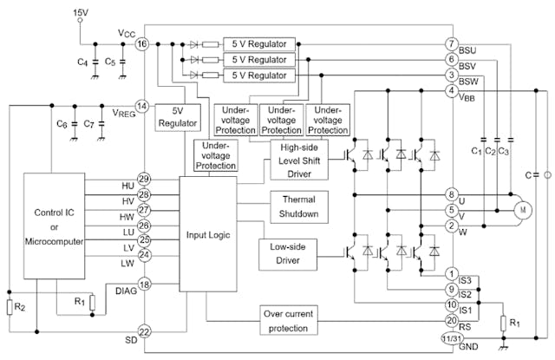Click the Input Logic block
point(207,235)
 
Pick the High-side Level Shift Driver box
point(299,160)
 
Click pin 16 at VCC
point(143,43)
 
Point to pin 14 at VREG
point(143,106)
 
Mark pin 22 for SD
point(143,331)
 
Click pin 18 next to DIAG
point(143,284)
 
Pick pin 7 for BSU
point(451,43)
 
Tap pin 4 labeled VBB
point(451,91)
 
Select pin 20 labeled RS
point(451,320)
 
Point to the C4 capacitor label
point(82,62)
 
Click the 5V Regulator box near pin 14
point(178,117)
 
